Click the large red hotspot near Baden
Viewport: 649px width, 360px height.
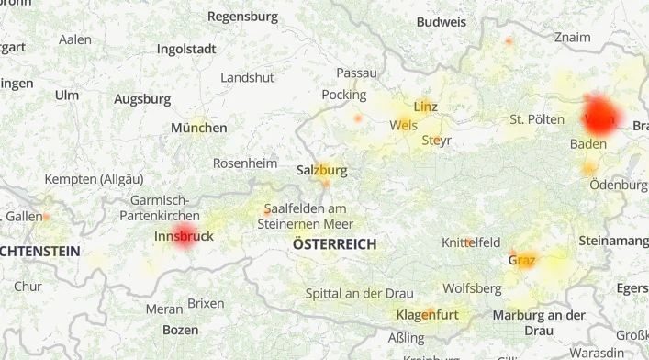point(601,116)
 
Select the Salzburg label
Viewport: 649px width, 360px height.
point(321,170)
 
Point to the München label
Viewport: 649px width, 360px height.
point(198,128)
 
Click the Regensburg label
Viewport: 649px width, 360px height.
point(242,16)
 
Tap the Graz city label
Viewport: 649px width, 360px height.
point(521,260)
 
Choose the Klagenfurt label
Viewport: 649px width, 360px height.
point(427,315)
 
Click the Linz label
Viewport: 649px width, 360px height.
point(426,107)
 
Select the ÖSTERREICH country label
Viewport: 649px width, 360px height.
point(334,244)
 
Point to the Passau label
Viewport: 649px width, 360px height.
point(356,73)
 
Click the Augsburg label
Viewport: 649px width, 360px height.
point(142,98)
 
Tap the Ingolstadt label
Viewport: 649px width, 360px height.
point(186,49)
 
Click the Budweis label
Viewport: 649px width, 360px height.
point(441,22)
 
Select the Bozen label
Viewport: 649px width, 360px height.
point(180,329)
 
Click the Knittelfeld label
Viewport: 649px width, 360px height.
point(471,242)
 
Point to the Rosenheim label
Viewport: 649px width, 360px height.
point(244,163)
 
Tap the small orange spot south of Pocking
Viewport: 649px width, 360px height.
point(358,118)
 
